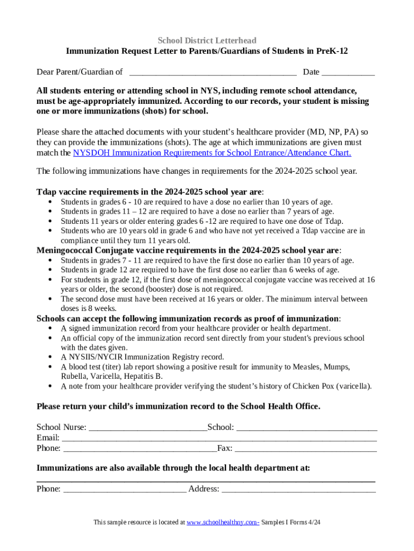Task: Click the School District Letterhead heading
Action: click(x=207, y=40)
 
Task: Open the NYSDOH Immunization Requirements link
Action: click(x=212, y=153)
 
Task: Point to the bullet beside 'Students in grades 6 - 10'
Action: click(x=50, y=202)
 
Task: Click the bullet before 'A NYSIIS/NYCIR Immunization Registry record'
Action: click(x=50, y=357)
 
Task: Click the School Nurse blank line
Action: click(x=147, y=428)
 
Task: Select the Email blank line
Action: click(x=219, y=438)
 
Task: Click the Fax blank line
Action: click(x=305, y=448)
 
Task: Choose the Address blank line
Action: click(x=298, y=489)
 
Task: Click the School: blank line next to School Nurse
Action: click(x=306, y=428)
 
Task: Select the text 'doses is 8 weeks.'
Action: click(x=89, y=309)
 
